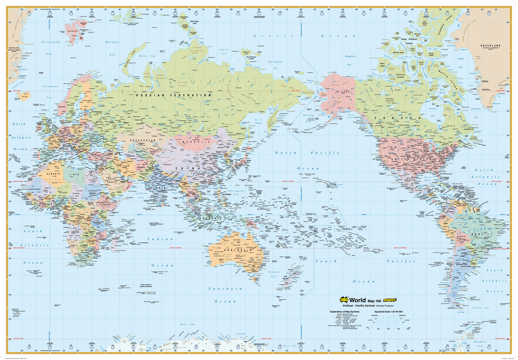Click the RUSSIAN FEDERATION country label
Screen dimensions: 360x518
tap(172, 95)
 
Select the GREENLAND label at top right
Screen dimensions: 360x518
tap(491, 46)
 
